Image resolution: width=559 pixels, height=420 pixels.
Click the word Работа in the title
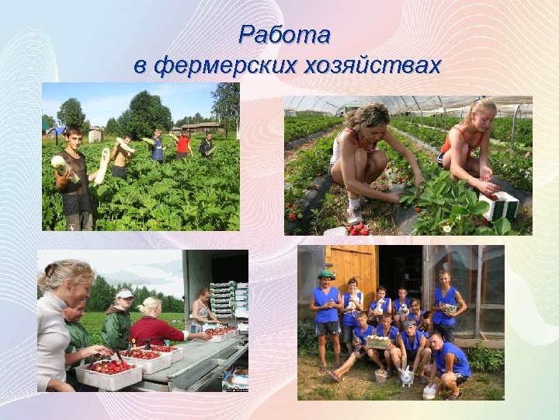284,35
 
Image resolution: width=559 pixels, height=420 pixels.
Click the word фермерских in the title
220,66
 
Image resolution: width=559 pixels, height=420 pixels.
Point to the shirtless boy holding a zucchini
120,156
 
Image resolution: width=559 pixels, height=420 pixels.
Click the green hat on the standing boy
325,275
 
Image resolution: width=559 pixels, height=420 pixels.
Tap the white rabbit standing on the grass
404,377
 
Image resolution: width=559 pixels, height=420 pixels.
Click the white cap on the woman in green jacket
124,294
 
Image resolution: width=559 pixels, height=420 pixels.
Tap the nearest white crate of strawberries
109,372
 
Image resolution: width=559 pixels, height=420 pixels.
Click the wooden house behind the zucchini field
200,128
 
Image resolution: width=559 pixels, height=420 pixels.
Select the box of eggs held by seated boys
379,341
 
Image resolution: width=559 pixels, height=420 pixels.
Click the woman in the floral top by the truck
205,311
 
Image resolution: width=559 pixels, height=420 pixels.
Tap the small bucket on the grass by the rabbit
380,376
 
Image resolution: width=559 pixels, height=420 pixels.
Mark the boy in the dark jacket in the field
206,145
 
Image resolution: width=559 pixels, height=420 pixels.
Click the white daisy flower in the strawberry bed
446,229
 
